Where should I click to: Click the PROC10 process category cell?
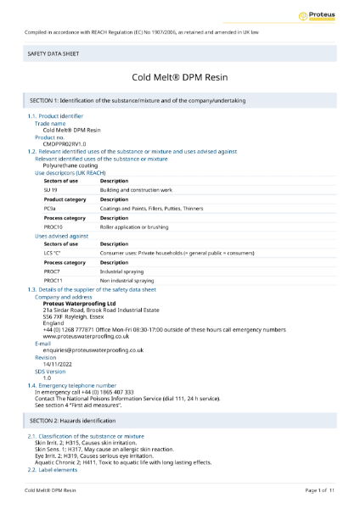tap(53, 227)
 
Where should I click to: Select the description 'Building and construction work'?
tap(136, 190)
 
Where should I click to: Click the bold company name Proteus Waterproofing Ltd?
tap(79, 303)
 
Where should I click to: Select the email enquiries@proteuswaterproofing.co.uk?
tap(93, 350)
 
